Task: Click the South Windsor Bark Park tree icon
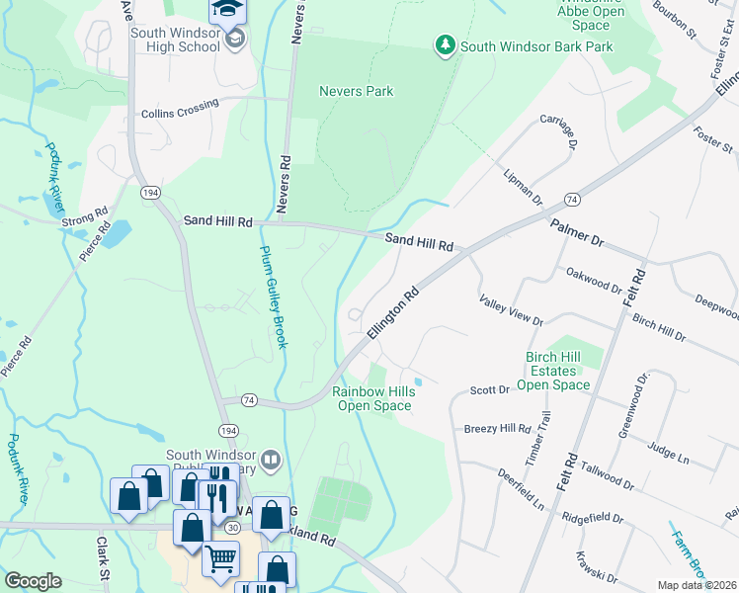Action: coord(446,44)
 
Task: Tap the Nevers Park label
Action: coord(356,91)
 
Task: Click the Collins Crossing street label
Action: coord(180,113)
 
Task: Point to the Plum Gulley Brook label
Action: coord(274,296)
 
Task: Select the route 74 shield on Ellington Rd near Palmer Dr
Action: coord(573,199)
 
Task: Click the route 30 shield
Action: coord(231,529)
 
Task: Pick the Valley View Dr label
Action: coord(511,309)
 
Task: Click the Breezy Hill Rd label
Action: coord(497,429)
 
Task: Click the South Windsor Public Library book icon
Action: coord(271,459)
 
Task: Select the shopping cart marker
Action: coord(220,559)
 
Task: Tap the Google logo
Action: coord(33,581)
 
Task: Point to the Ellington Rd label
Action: coord(394,314)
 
